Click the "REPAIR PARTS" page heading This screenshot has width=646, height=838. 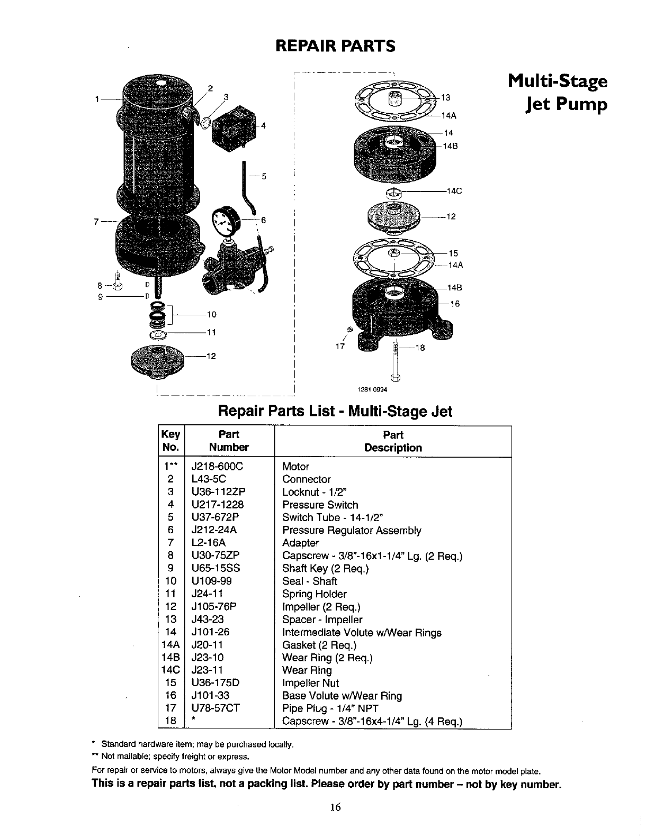[x=335, y=46]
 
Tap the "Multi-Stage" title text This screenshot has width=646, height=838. [x=557, y=82]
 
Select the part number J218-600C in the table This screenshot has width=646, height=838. [x=217, y=467]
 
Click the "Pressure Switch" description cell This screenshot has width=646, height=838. [x=320, y=505]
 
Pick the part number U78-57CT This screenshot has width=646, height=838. [x=216, y=708]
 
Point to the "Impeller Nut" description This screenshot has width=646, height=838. [x=310, y=682]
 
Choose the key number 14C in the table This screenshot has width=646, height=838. [x=171, y=670]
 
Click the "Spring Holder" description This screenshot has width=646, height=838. [x=314, y=594]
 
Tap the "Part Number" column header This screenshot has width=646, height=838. [x=229, y=441]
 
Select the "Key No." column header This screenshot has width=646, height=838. [x=171, y=441]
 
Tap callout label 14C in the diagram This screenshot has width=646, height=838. [x=455, y=192]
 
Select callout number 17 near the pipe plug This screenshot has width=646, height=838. [x=339, y=347]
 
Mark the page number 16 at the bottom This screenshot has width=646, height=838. [x=335, y=806]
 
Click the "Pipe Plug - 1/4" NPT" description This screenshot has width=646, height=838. [x=330, y=708]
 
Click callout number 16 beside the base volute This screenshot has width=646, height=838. [x=455, y=304]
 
